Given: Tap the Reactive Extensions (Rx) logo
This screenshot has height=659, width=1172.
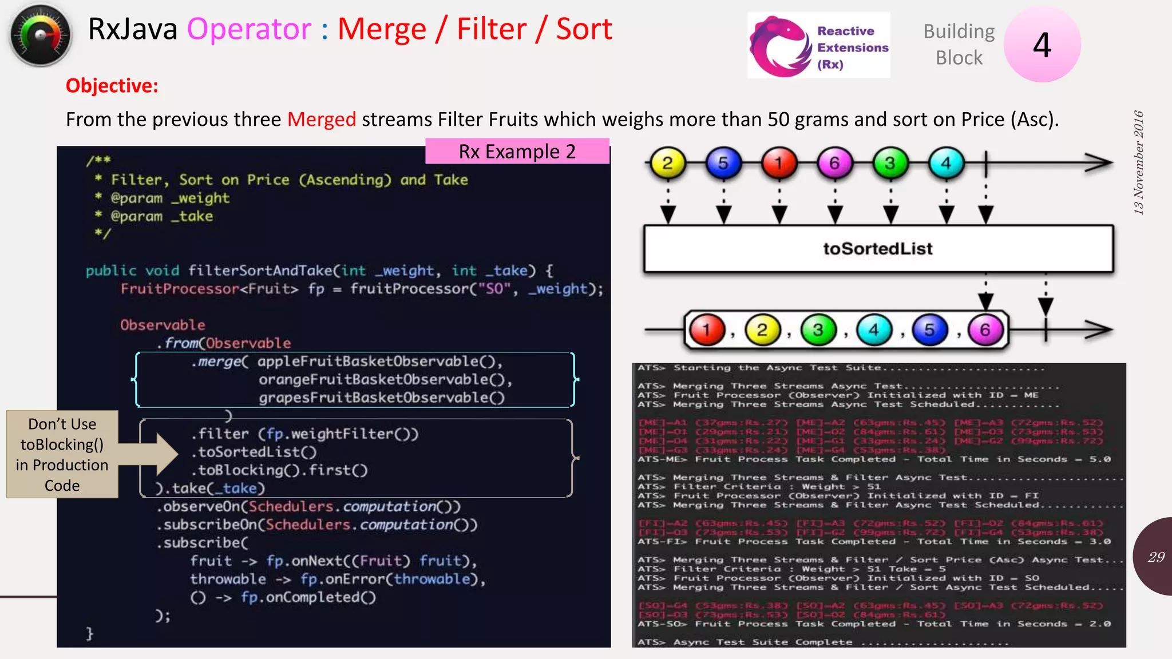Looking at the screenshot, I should click(x=818, y=46).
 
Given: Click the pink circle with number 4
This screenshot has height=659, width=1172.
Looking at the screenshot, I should click(x=1042, y=45).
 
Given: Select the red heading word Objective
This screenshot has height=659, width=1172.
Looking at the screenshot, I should click(x=112, y=86).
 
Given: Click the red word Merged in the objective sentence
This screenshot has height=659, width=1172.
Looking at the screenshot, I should click(x=321, y=120).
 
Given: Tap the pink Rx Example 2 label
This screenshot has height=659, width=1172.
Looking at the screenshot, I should click(x=517, y=152).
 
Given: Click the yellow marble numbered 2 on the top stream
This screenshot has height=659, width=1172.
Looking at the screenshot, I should click(x=667, y=164).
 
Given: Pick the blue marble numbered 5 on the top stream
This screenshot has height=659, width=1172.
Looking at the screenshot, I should click(x=723, y=164).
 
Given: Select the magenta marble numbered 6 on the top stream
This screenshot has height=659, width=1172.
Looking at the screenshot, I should click(x=834, y=164).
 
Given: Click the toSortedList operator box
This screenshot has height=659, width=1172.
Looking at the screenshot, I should click(x=878, y=249).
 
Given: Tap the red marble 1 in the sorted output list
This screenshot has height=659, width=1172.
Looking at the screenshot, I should click(x=707, y=330).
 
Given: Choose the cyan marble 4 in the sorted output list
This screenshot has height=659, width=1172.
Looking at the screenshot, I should click(x=874, y=330).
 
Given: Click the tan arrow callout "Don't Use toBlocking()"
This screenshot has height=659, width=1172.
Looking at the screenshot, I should click(x=63, y=454).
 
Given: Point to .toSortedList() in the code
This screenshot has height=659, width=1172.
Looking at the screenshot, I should click(x=254, y=452).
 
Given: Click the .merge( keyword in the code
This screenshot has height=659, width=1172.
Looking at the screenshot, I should click(x=220, y=362).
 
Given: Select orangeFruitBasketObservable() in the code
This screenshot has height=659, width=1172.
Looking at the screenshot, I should click(x=385, y=380).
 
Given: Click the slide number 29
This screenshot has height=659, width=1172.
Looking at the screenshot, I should click(x=1156, y=557).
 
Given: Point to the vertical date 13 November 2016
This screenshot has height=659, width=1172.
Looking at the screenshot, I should click(x=1138, y=163).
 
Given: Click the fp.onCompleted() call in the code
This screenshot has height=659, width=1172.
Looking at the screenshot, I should click(x=308, y=597).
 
